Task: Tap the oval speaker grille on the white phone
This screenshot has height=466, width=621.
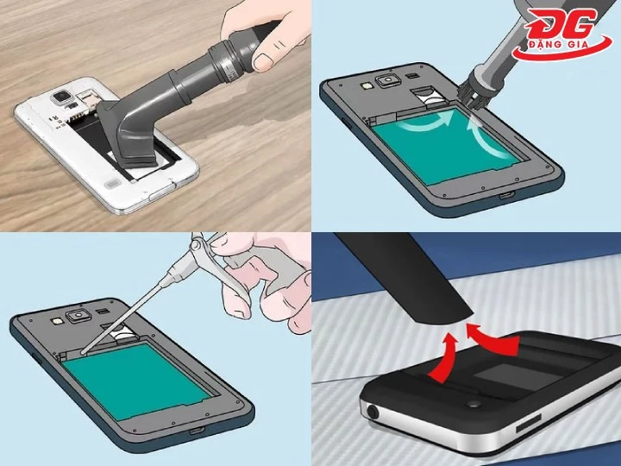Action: click(x=113, y=184)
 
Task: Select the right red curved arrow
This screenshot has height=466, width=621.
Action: click(x=492, y=339)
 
